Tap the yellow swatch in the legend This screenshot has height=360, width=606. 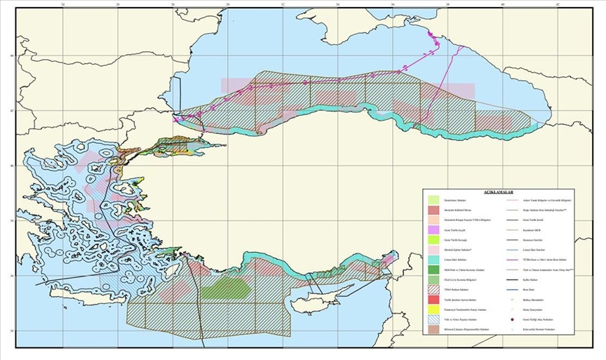433,309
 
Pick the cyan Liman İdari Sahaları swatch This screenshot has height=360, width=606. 433,260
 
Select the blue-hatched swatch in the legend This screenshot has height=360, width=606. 433,319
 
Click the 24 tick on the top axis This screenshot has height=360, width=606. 64,5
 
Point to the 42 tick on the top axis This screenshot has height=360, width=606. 558,5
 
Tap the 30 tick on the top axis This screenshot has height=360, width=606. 229,5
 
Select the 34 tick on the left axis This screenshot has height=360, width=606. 10,331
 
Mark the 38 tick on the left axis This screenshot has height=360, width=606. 10,220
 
